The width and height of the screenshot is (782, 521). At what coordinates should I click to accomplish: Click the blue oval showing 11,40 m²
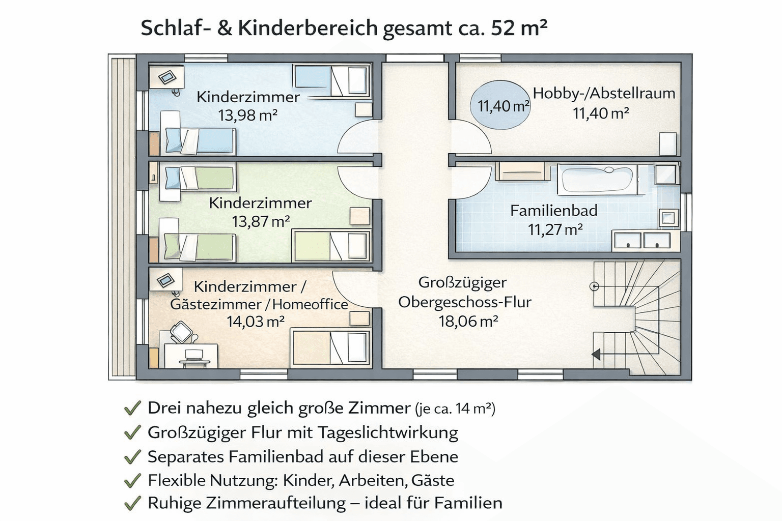(x=499, y=105)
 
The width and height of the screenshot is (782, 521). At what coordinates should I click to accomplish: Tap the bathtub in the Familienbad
(x=596, y=179)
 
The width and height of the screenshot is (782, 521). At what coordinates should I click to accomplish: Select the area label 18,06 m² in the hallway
(x=468, y=322)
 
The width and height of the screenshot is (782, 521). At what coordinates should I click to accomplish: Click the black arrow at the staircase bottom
(x=596, y=354)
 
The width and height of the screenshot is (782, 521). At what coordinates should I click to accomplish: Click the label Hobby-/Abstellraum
(x=604, y=94)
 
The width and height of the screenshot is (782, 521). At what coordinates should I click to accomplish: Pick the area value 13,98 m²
(x=247, y=116)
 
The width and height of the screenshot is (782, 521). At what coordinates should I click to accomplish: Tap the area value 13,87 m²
(x=261, y=222)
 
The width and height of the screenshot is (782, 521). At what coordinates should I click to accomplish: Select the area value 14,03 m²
(x=255, y=322)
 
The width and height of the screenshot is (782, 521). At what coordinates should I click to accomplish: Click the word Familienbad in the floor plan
(x=554, y=211)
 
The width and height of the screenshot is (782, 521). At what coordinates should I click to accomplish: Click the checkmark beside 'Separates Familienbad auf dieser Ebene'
(x=132, y=457)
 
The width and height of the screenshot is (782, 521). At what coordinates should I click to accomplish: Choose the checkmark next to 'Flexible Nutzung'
(x=132, y=480)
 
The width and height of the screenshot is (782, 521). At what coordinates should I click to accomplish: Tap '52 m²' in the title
(x=519, y=28)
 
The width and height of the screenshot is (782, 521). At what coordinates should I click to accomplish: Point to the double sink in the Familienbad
(x=642, y=240)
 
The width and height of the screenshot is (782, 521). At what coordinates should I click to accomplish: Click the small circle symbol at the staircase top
(x=594, y=286)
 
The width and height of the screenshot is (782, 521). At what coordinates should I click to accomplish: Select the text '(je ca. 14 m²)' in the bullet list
(x=455, y=409)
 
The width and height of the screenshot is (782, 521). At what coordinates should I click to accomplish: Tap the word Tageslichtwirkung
(x=388, y=432)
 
